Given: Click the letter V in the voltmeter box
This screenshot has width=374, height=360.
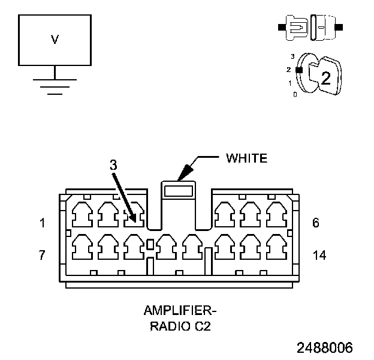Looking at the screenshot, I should click(x=55, y=40).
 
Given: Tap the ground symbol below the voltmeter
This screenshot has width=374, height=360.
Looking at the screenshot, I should click(x=55, y=86).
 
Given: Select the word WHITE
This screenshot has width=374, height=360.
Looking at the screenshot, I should click(x=246, y=158).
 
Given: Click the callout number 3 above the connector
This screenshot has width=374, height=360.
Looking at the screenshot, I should click(x=112, y=164).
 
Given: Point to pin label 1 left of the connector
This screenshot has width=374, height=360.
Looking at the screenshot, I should click(x=42, y=223).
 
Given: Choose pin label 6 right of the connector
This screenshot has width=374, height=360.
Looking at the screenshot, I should click(x=316, y=223).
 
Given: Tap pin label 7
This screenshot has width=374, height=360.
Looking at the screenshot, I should click(x=42, y=255).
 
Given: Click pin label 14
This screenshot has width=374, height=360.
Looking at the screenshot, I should click(x=319, y=255).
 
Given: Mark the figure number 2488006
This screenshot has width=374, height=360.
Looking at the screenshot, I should click(x=324, y=347).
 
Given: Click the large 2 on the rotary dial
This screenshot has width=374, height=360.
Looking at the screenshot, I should click(x=325, y=77).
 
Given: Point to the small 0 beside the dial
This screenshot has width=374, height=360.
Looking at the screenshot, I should click(x=295, y=94).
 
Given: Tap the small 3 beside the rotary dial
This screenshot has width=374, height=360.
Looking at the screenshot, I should click(x=292, y=56).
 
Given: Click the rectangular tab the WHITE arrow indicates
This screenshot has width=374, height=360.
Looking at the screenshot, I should click(x=179, y=191).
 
